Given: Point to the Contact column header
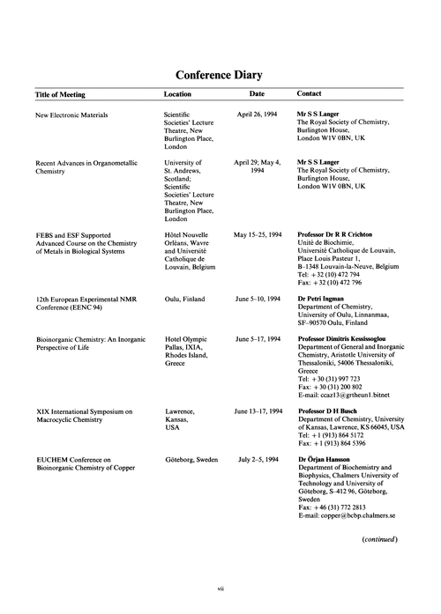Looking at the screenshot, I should point(309,92).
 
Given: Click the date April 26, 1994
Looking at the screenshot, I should point(257,115).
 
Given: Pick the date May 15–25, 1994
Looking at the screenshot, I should point(257,235).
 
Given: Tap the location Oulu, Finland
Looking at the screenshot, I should point(185,300).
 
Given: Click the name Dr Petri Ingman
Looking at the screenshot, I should point(321,300).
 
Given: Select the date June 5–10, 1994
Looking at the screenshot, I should point(258,300).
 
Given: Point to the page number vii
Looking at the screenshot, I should point(220,601).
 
